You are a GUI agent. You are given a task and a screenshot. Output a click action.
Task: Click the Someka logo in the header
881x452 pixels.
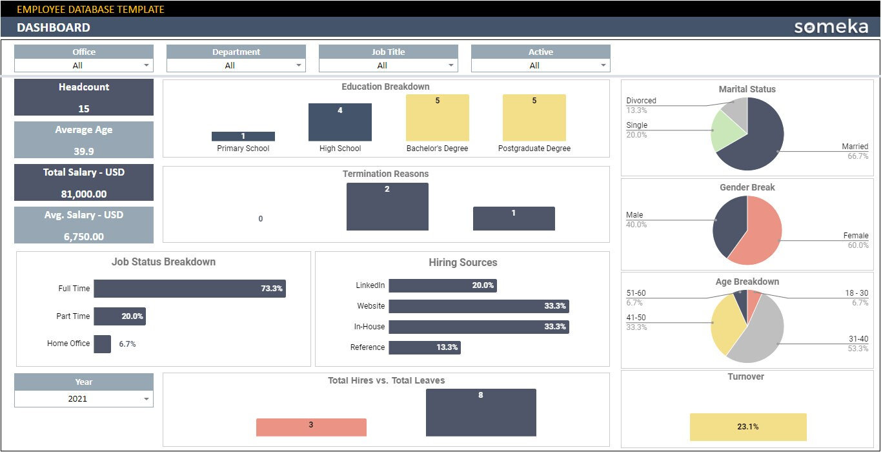[x=831, y=27]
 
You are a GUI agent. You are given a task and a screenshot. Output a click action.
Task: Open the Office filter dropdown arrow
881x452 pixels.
[x=147, y=65]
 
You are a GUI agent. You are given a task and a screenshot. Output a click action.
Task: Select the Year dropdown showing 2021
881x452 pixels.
[x=84, y=399]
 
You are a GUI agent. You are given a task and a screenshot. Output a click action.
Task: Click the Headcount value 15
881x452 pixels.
[x=84, y=108]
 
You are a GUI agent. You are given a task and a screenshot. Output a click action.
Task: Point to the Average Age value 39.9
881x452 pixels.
[x=84, y=151]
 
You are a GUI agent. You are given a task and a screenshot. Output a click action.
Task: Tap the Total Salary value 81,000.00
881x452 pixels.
[x=84, y=194]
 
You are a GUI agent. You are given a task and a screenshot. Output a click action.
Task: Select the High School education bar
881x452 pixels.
[x=340, y=122]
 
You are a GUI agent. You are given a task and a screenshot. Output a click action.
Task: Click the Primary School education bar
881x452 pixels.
[x=243, y=136]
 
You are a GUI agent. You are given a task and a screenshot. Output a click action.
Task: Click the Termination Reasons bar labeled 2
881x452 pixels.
[x=387, y=207]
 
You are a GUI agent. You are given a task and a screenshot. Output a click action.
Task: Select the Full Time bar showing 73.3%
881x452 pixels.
[x=189, y=289]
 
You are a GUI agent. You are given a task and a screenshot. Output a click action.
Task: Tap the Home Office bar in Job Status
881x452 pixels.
[x=102, y=344]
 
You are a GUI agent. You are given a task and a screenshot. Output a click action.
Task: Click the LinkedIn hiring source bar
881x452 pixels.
[x=442, y=285]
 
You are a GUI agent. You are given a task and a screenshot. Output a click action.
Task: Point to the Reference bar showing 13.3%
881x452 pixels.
[x=424, y=347]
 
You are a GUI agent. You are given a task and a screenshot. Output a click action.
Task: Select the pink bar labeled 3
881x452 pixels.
[x=311, y=427]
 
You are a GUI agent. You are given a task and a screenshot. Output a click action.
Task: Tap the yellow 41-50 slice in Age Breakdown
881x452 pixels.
[x=723, y=326]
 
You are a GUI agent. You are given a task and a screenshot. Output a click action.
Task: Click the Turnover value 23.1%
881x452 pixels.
[x=748, y=427]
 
